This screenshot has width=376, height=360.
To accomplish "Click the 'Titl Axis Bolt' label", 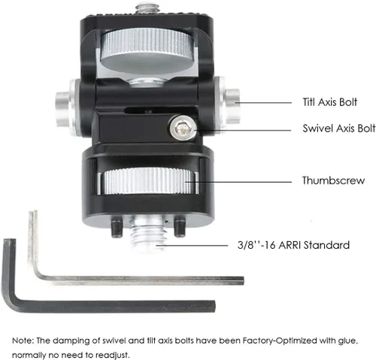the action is (330, 102).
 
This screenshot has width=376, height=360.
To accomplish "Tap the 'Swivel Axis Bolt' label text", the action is (339, 129).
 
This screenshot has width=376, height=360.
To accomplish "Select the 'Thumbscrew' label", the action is (333, 180).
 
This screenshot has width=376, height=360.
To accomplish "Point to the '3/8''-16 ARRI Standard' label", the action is (293, 245).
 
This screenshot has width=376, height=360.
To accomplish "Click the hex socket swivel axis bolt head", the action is (183, 129).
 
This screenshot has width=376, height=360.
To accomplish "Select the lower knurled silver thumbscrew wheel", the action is (148, 181).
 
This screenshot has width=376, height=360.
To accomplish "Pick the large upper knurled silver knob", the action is (147, 50).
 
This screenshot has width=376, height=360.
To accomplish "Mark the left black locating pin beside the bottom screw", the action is (117, 227).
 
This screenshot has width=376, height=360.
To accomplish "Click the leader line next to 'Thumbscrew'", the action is (238, 182).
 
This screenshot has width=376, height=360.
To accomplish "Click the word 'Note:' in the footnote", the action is (23, 340).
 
